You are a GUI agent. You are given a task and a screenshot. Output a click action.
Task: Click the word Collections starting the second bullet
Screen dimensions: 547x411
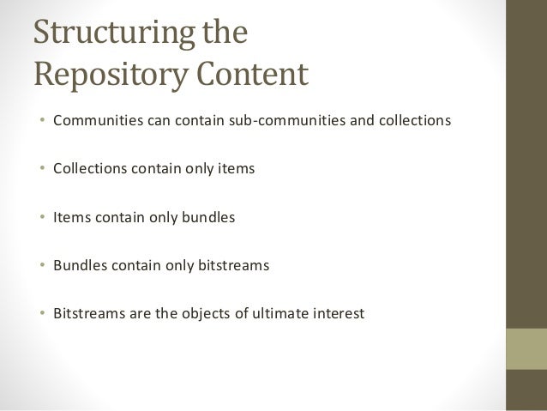[x=89, y=168]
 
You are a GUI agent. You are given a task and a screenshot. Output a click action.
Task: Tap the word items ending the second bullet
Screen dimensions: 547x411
[x=237, y=168]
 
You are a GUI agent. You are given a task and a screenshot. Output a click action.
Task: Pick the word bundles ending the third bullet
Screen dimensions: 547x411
[x=208, y=217]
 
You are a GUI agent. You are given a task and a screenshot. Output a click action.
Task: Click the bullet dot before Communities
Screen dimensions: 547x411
[x=42, y=121]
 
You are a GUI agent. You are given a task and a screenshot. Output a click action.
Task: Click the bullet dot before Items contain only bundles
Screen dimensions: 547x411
[x=42, y=218]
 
